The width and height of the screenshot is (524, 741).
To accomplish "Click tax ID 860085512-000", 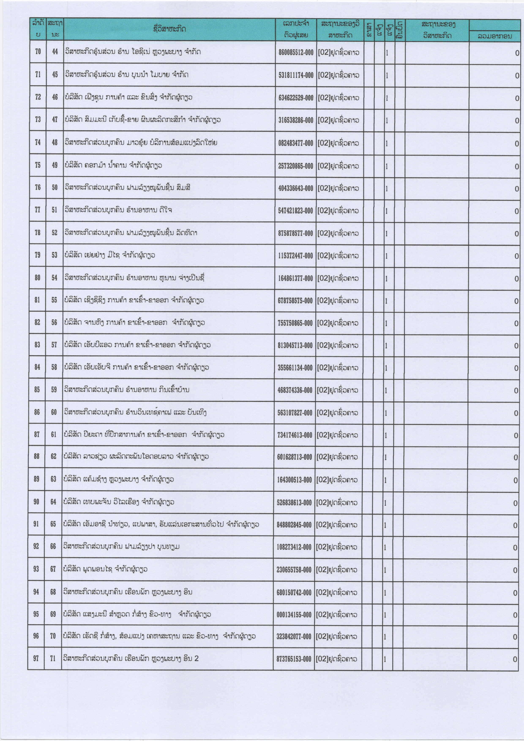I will pyautogui.click(x=296, y=52).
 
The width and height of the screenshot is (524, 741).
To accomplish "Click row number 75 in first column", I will pyautogui.click(x=38, y=165).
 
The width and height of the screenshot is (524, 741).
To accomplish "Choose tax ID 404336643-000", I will pyautogui.click(x=296, y=188).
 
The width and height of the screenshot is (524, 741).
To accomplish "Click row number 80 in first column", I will pyautogui.click(x=37, y=278).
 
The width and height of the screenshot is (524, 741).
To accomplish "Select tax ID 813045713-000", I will pyautogui.click(x=295, y=345).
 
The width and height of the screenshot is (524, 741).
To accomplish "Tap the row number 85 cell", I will pyautogui.click(x=37, y=390).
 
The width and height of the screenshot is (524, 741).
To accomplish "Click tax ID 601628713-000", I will pyautogui.click(x=295, y=457).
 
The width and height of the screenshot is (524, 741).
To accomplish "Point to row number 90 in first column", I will pyautogui.click(x=37, y=502).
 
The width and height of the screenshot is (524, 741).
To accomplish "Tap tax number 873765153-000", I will pyautogui.click(x=294, y=659).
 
